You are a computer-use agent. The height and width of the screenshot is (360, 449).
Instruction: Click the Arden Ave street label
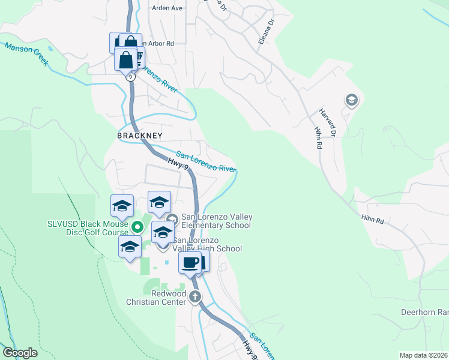[x=167, y=8]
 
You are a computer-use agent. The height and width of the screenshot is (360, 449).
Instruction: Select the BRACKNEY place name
[x=140, y=136]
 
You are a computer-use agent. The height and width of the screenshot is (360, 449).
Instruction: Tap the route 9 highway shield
[x=130, y=77]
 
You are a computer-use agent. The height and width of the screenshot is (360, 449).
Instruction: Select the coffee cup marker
[x=190, y=262]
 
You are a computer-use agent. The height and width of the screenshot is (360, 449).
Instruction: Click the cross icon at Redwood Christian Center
[x=194, y=296]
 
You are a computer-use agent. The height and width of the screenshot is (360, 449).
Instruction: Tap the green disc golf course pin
[x=137, y=227]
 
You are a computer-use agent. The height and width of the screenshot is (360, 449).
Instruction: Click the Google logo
[x=20, y=353]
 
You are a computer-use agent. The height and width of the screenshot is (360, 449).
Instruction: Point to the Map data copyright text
[x=424, y=355]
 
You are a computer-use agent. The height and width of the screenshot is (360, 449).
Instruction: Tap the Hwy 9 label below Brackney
[x=175, y=161]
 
